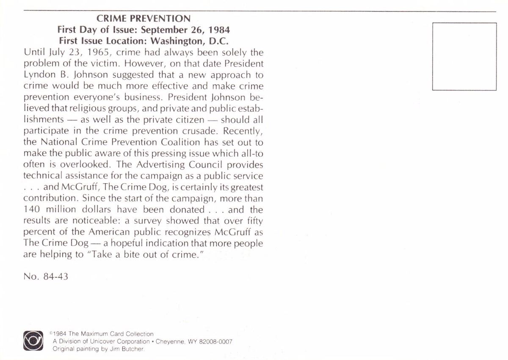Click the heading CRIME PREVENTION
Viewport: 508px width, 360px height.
(144, 19)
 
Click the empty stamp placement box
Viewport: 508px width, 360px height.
(464, 56)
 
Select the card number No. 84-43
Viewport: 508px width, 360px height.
(46, 277)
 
